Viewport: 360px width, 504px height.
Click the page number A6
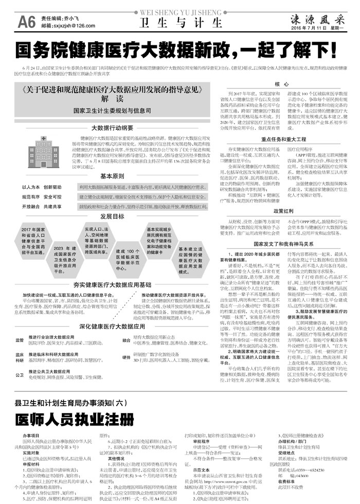point(26,21)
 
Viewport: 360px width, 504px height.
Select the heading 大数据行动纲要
point(112,128)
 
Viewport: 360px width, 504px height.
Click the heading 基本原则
point(112,175)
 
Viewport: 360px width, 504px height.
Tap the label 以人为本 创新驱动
point(42,187)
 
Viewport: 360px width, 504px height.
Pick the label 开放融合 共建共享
point(42,206)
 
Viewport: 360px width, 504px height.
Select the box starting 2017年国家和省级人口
point(35,242)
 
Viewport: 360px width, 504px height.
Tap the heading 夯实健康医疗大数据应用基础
point(112,284)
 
